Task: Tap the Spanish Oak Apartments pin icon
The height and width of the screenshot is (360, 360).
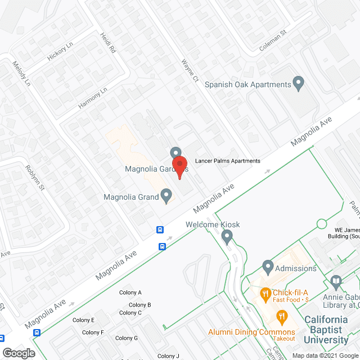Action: point(299,84)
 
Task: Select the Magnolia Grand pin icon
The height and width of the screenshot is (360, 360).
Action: point(166,196)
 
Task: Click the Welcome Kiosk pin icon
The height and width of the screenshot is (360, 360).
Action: point(227,238)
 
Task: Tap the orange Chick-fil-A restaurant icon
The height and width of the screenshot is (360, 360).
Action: point(264,293)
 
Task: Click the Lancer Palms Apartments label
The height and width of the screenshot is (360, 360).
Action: point(227,161)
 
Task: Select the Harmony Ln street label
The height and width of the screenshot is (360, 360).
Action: point(93,98)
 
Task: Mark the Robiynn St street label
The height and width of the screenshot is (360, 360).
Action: point(35,177)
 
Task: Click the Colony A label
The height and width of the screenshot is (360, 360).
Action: point(130,292)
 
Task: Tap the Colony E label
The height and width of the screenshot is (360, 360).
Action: point(84,320)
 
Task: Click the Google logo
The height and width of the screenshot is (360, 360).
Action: point(18,353)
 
